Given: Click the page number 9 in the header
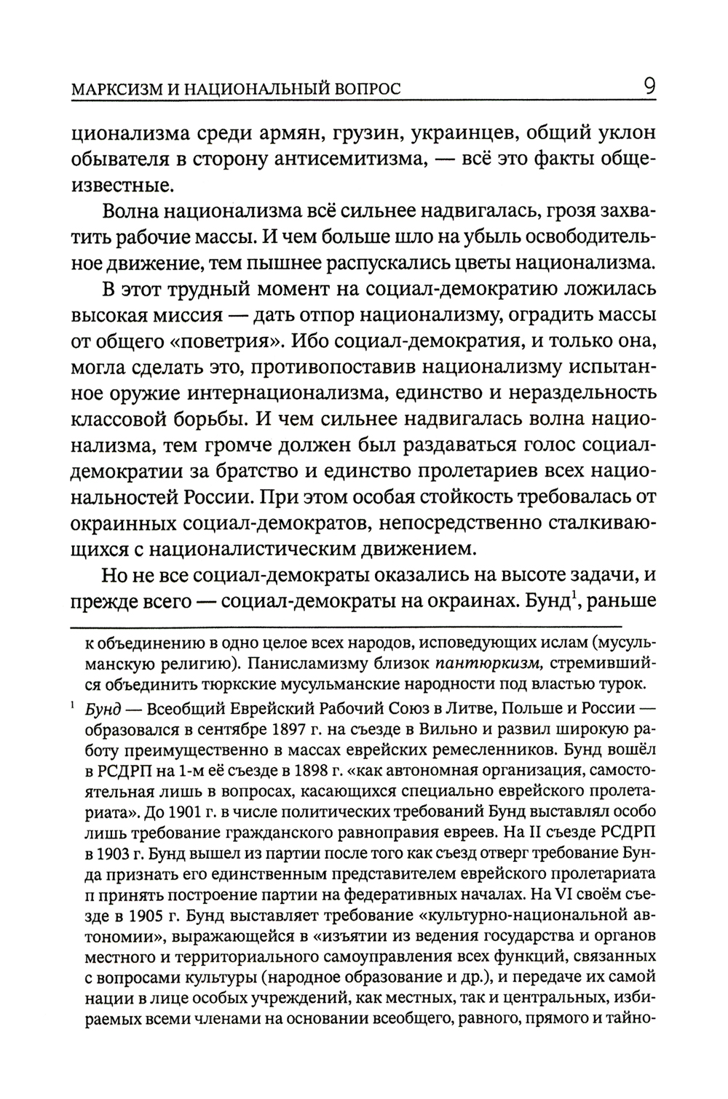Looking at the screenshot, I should pos(649,88).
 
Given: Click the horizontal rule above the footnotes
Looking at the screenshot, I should pos(346,627).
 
